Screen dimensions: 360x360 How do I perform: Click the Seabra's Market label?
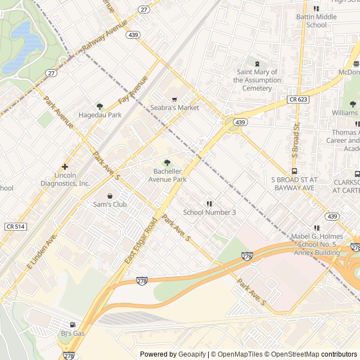pos(174,107)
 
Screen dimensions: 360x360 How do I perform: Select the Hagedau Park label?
pos(100,115)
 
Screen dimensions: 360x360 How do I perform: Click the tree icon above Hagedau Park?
pos(100,106)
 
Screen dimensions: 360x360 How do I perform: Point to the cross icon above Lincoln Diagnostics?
pos(65,166)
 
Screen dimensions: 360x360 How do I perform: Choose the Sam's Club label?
pos(110,204)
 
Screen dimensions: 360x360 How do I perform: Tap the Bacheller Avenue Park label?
pos(167,175)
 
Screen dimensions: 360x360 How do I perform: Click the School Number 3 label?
pos(209,212)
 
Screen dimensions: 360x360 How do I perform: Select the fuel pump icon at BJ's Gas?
pos(72,325)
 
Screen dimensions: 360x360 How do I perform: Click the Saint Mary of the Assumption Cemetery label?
pos(257,80)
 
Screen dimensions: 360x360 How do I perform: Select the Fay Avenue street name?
pos(133,89)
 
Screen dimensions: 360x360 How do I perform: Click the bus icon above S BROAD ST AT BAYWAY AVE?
pos(294,172)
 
